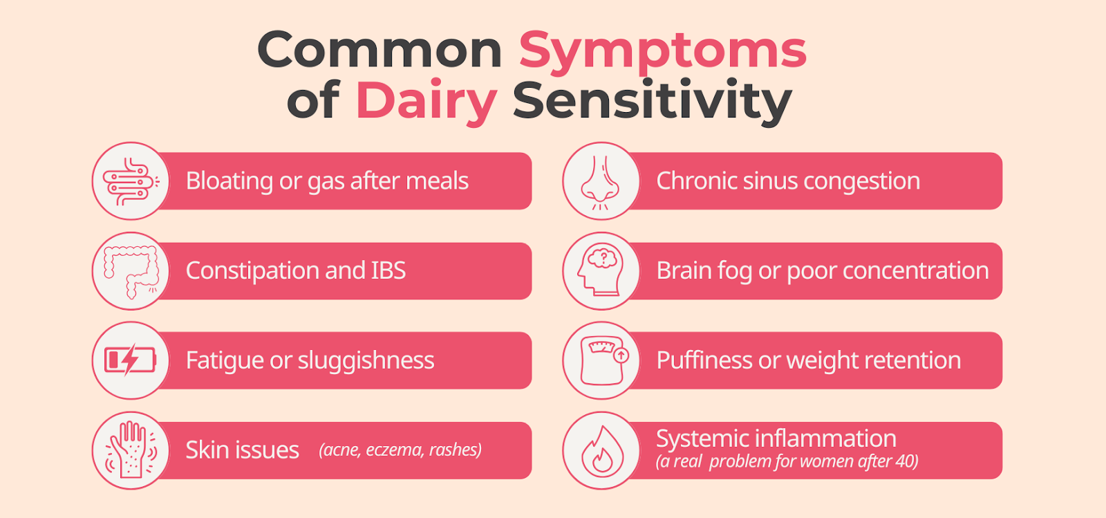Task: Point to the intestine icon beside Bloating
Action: (x=131, y=181)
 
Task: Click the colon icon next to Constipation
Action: (x=131, y=272)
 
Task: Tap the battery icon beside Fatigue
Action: (x=131, y=360)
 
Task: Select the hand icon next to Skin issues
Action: (x=131, y=450)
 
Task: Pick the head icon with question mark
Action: (x=601, y=270)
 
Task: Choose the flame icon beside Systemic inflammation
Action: (x=602, y=451)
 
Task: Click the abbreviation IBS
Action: (x=388, y=270)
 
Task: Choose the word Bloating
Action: (x=229, y=181)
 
